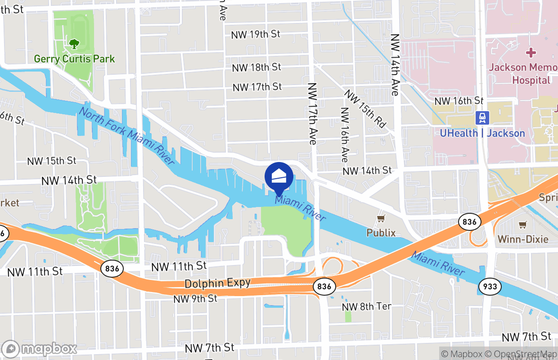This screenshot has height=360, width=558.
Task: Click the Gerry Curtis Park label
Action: [75, 59]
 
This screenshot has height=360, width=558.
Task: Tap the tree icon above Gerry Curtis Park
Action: [74, 44]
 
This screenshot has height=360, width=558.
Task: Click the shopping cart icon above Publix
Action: [381, 219]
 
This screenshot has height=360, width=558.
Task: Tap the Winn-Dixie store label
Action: [523, 239]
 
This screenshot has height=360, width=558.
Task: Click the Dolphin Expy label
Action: [217, 283]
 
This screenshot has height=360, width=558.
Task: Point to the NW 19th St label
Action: [256, 34]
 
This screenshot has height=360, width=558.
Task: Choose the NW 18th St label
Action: [256, 67]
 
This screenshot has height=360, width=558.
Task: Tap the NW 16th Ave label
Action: [345, 135]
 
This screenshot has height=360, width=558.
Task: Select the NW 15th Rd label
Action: [365, 108]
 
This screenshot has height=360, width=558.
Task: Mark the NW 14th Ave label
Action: [395, 65]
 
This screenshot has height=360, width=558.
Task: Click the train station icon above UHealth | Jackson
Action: [482, 118]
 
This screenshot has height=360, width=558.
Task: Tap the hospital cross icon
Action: [531, 52]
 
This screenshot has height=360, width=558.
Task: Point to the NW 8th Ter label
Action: [367, 306]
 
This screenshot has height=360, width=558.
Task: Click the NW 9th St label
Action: [195, 299]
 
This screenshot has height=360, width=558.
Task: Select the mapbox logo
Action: [40, 349]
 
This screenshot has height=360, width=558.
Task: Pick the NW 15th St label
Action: [52, 161]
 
